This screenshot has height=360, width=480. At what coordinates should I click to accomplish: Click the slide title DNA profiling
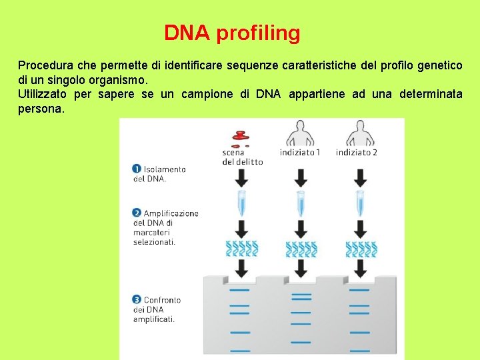(x=232, y=33)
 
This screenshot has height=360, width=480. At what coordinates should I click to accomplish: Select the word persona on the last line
(x=41, y=108)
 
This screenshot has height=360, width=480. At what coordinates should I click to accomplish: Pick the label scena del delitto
(x=243, y=157)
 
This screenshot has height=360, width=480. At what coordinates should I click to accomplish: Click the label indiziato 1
(x=300, y=153)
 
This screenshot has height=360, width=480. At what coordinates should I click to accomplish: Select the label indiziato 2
(x=357, y=153)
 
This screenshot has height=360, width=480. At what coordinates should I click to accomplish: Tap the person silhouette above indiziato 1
(x=300, y=133)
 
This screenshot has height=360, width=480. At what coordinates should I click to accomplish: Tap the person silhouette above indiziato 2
(x=360, y=133)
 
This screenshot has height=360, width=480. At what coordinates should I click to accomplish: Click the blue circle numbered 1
(x=136, y=169)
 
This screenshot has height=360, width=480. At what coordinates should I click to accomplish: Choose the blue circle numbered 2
(x=136, y=213)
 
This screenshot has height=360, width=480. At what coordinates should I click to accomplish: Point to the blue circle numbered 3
(x=136, y=300)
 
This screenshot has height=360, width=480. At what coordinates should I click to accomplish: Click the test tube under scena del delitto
(x=241, y=203)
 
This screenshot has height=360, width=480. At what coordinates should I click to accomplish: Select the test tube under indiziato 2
(x=360, y=203)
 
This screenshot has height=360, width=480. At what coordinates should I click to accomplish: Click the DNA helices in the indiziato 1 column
(x=301, y=249)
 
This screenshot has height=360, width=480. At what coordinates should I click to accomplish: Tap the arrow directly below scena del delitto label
(x=241, y=177)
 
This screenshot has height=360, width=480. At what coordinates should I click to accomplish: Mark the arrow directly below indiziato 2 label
(x=360, y=177)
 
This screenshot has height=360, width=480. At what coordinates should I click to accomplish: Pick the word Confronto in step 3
(x=163, y=300)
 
